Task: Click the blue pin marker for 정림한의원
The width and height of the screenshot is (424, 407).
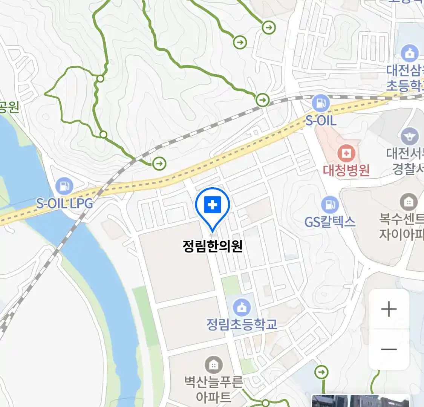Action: [213, 206]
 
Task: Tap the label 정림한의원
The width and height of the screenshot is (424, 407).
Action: [213, 246]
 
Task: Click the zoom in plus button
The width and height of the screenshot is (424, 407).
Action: [389, 309]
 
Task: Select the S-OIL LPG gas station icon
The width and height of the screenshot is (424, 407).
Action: [64, 187]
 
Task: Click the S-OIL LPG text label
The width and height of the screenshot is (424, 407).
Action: [64, 203]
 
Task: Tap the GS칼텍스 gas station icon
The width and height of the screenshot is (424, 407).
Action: [330, 205]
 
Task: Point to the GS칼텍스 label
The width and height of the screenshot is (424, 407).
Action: [330, 221]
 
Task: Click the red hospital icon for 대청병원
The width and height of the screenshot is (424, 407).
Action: [346, 153]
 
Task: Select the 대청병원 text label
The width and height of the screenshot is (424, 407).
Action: [346, 170]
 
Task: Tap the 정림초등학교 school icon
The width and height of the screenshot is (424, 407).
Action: [242, 308]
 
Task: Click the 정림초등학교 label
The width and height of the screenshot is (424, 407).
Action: [242, 324]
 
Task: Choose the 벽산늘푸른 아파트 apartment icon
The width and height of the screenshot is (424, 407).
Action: [213, 365]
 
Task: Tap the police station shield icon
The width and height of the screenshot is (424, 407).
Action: [409, 136]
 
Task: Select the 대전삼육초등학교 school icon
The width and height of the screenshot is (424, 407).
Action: [409, 54]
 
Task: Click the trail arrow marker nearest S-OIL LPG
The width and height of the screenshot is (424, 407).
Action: [159, 163]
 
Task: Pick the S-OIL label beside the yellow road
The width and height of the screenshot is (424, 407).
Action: [321, 120]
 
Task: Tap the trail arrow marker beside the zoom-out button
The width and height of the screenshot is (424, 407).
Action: [321, 372]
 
